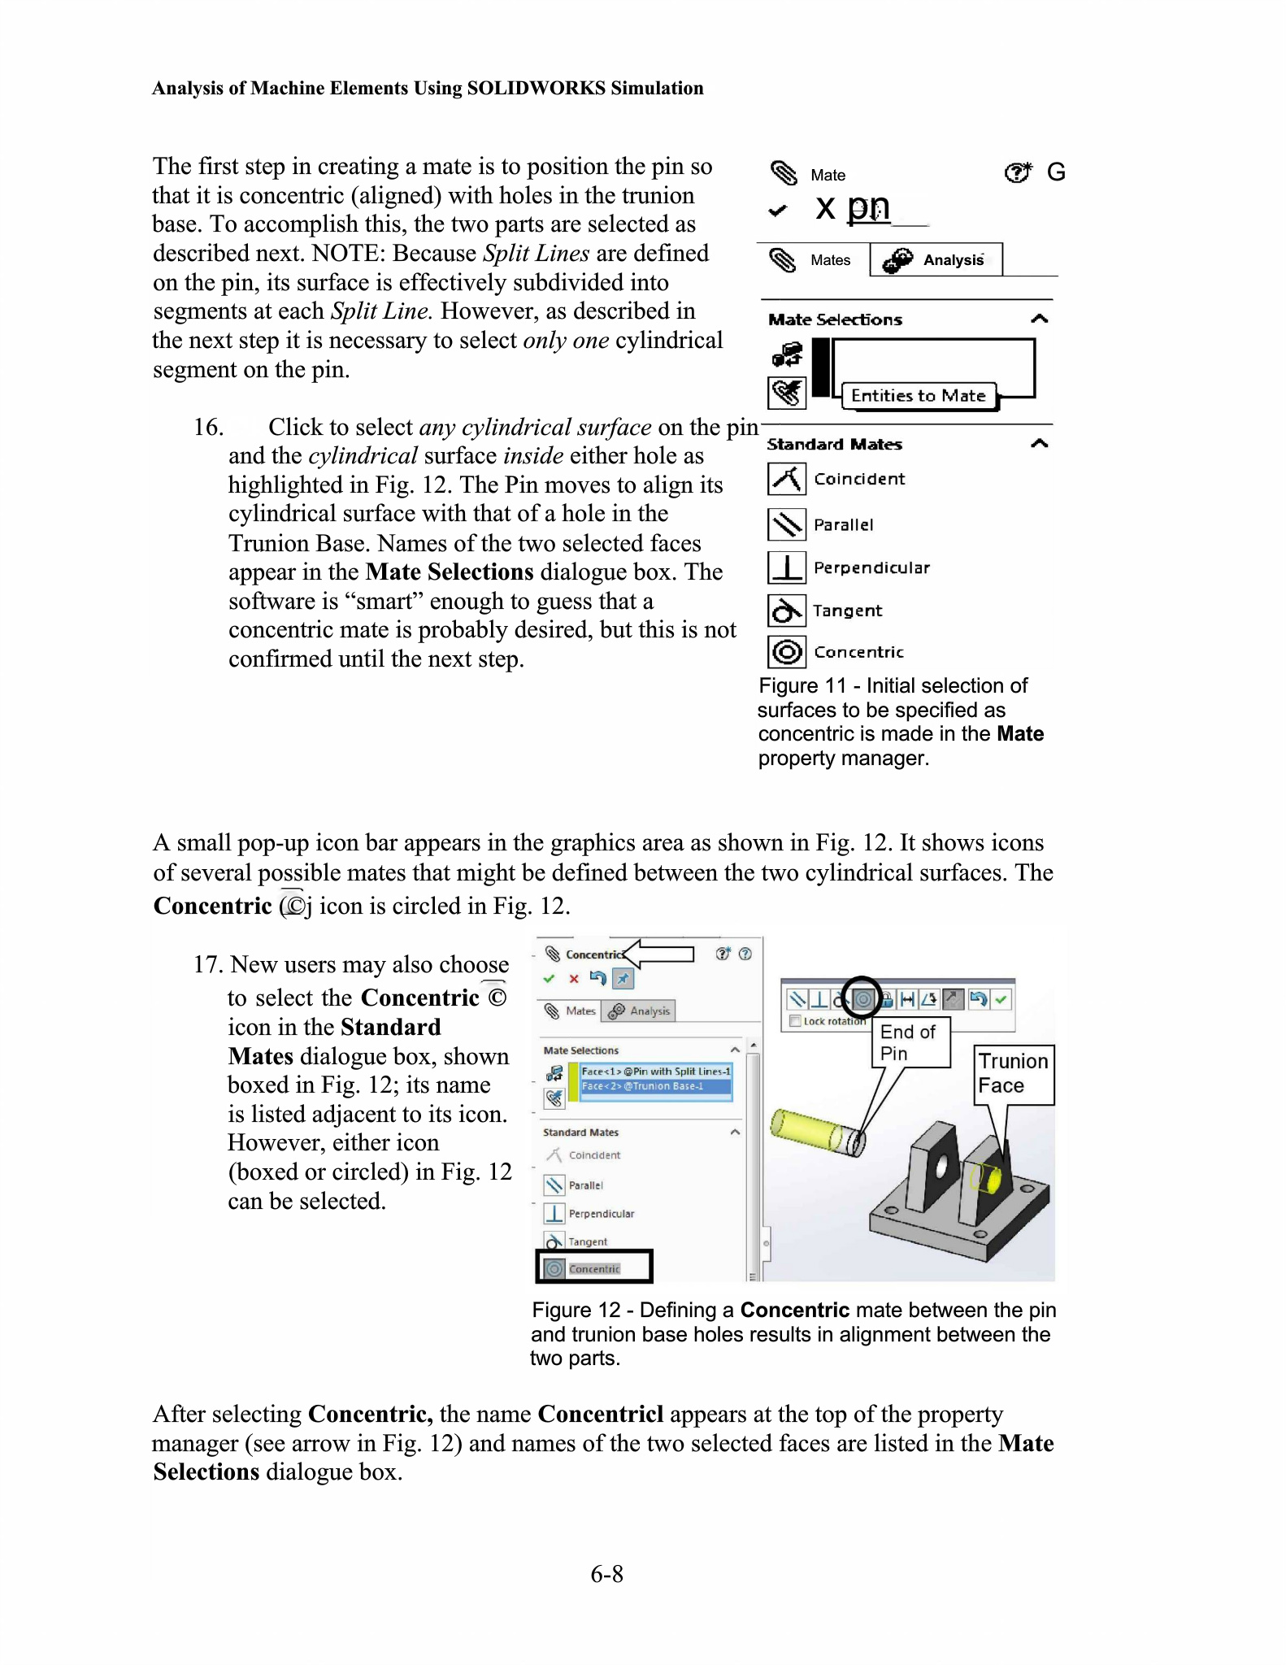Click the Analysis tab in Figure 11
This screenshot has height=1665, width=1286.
[936, 260]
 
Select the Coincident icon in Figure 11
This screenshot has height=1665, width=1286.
[786, 479]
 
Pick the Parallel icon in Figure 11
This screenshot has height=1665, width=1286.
[786, 524]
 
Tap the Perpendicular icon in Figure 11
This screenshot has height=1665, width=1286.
[786, 567]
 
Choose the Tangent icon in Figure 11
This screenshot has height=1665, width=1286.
[786, 611]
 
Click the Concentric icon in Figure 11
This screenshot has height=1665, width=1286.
[786, 652]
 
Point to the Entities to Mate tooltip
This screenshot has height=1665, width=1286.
[918, 396]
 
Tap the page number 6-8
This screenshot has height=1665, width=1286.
[606, 1575]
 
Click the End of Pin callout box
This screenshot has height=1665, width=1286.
[910, 1042]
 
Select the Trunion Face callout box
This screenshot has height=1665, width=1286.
[1014, 1074]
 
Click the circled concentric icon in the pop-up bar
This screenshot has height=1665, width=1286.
[862, 998]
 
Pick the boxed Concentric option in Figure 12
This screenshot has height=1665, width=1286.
[594, 1268]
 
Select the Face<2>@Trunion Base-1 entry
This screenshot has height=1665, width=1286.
[643, 1086]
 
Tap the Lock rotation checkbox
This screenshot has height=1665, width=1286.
[796, 1021]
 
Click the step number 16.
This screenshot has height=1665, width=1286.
[207, 428]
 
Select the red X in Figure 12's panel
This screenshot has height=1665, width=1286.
[574, 979]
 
